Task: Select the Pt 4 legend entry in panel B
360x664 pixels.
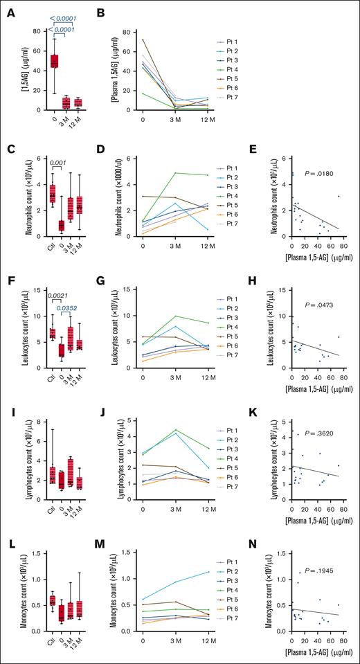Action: coord(231,68)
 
